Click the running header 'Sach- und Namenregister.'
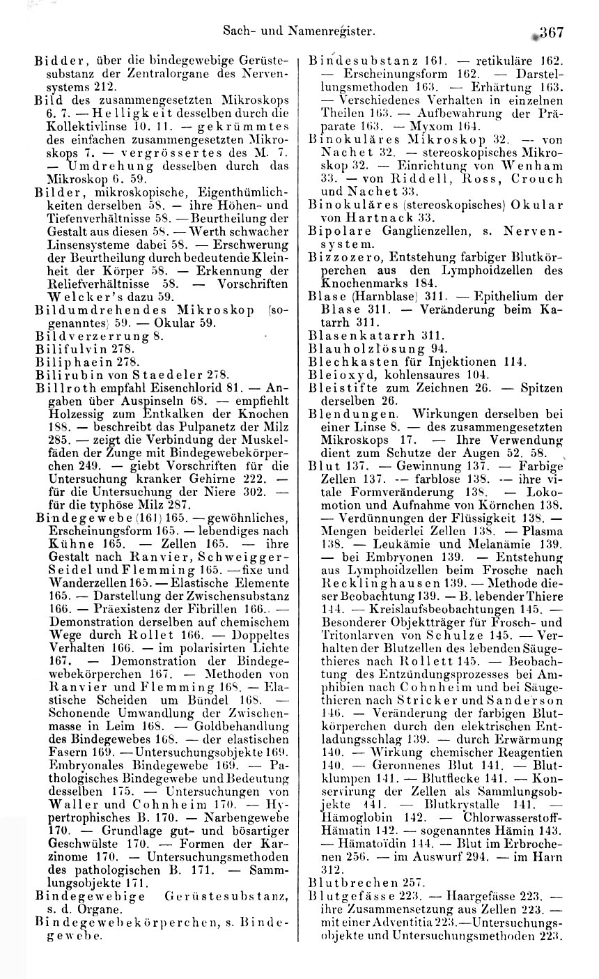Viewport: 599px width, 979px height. click(x=299, y=31)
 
